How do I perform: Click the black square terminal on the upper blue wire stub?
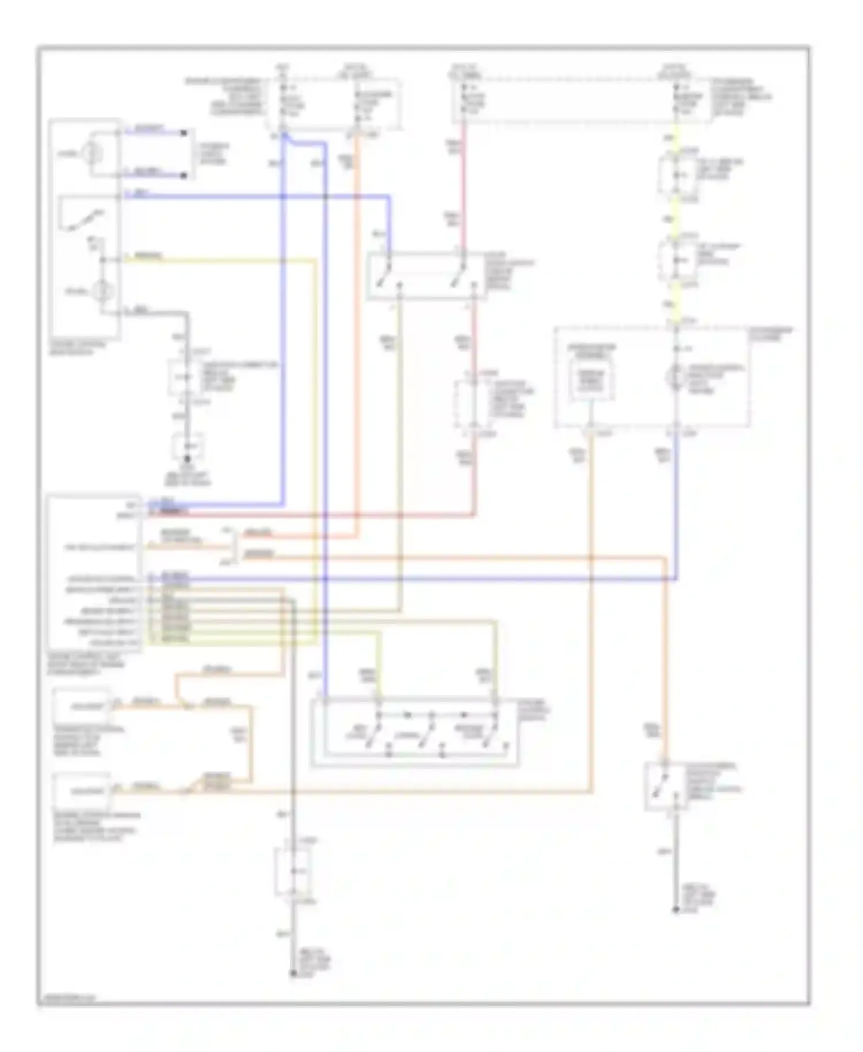pos(184,133)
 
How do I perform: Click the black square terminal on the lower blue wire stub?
pos(184,175)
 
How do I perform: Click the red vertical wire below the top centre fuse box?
pos(464,184)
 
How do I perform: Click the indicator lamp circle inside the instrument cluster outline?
pos(675,378)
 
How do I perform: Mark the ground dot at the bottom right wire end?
pos(676,911)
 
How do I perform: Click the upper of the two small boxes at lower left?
pos(82,705)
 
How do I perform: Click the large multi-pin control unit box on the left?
pos(94,573)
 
